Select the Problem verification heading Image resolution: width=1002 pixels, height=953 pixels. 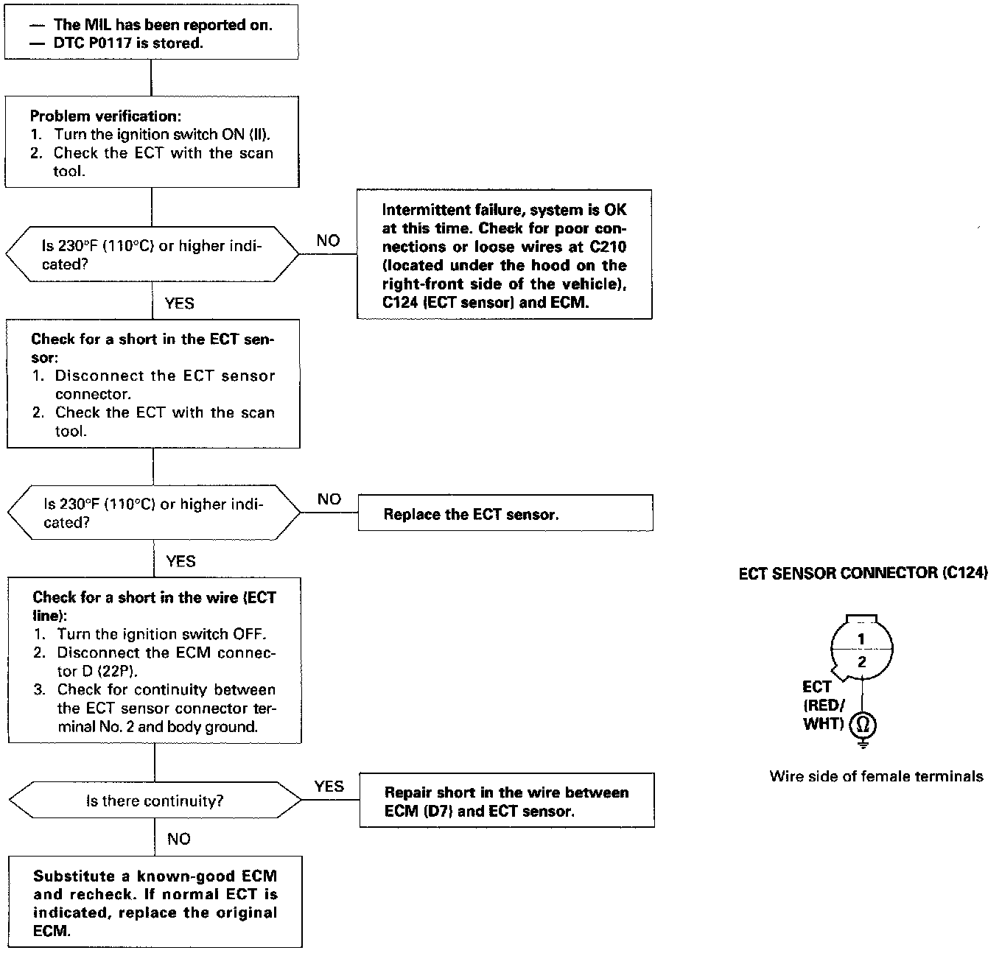105,116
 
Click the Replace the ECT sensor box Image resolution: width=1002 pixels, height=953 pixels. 505,513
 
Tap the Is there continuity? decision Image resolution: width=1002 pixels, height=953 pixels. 155,801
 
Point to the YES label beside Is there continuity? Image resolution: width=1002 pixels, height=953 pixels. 329,787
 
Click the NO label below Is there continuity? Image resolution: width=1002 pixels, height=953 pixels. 178,839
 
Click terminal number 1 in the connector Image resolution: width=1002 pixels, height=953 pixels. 861,639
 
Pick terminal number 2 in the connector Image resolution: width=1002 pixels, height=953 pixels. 862,662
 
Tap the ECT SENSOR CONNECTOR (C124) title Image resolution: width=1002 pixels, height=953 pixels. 863,573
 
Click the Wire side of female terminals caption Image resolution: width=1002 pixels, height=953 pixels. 876,776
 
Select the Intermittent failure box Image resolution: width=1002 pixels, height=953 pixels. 505,255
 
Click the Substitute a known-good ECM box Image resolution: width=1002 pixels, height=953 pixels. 155,902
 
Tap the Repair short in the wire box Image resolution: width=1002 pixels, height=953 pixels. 507,801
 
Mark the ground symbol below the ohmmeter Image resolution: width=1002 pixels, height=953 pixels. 863,745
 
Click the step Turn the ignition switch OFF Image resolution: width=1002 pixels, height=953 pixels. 161,634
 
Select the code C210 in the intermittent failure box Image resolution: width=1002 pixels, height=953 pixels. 608,247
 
